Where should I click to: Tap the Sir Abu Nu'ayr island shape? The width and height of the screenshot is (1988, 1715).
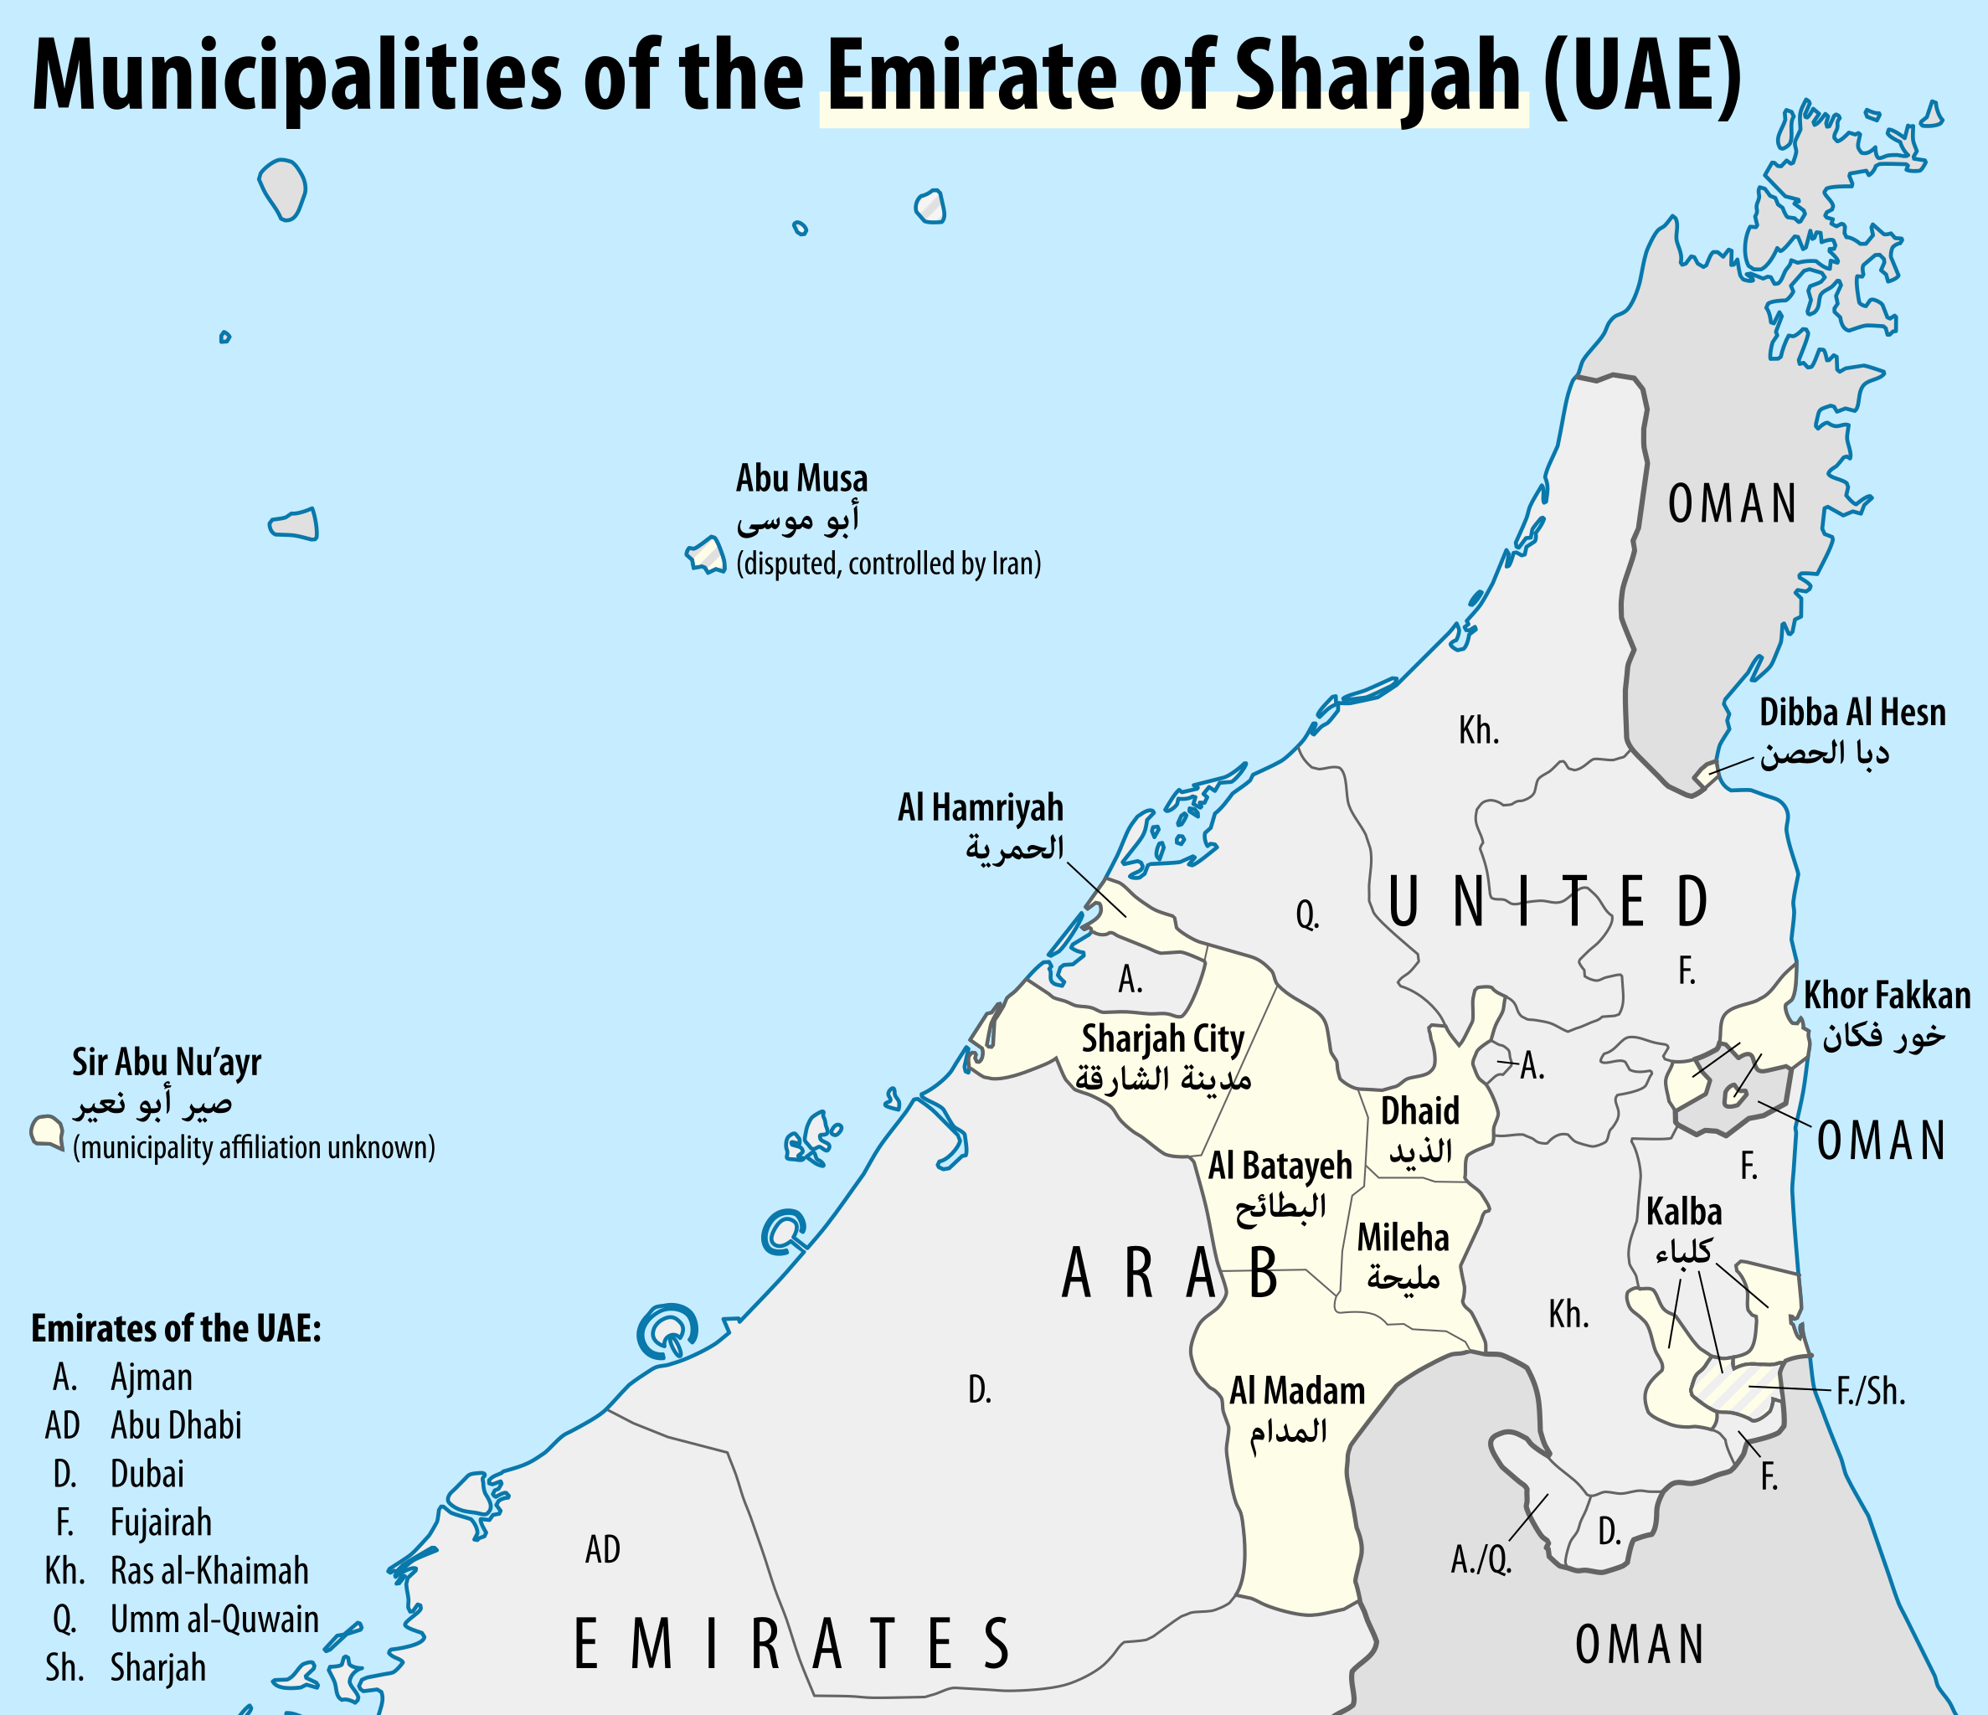click(x=46, y=1130)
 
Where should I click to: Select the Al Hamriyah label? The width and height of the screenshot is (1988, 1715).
click(x=980, y=808)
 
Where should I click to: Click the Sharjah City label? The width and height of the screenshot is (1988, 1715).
click(x=1162, y=1038)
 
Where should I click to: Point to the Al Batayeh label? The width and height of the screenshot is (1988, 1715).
click(x=1279, y=1166)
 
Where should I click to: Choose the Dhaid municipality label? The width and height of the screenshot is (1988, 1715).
click(x=1419, y=1111)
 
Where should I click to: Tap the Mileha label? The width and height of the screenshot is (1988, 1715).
click(x=1402, y=1238)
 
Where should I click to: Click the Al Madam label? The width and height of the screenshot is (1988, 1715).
click(x=1296, y=1391)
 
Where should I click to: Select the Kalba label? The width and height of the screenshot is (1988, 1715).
click(x=1684, y=1212)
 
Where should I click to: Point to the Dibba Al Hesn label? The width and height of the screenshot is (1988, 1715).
click(x=1852, y=713)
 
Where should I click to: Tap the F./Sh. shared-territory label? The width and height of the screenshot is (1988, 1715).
click(x=1870, y=1392)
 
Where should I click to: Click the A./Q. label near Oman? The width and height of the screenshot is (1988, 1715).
click(x=1481, y=1560)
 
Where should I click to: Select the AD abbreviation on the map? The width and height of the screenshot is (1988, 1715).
click(x=603, y=1549)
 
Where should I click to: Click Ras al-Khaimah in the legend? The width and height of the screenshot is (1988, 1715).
click(x=209, y=1571)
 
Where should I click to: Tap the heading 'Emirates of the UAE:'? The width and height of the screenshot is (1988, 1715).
click(x=176, y=1329)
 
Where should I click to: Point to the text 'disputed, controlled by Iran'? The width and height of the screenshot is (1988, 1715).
click(x=888, y=564)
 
